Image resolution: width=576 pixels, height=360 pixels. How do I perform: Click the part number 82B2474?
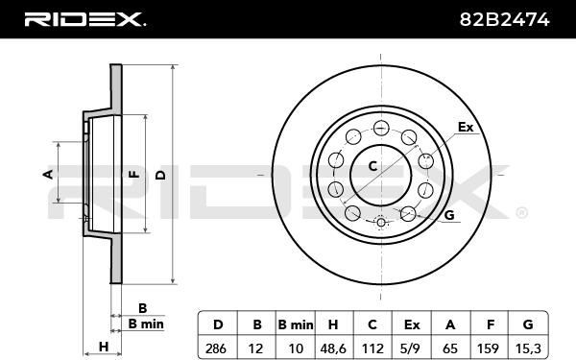(x=504, y=19)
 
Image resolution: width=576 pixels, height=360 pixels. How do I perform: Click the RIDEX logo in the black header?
(x=85, y=19)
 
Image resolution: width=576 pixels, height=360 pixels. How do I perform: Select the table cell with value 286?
(x=218, y=348)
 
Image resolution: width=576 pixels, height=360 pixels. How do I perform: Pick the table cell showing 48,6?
(x=334, y=348)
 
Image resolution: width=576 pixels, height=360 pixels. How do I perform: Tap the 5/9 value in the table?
(x=412, y=348)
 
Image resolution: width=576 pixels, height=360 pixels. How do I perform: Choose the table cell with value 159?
(x=489, y=348)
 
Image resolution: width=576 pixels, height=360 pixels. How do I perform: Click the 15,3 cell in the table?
(x=528, y=348)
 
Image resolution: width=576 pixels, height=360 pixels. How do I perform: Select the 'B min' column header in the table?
(x=296, y=324)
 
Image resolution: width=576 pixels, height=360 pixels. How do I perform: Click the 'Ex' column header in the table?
(x=412, y=324)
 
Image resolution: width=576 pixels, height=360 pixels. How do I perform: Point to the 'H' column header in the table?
(x=334, y=324)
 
